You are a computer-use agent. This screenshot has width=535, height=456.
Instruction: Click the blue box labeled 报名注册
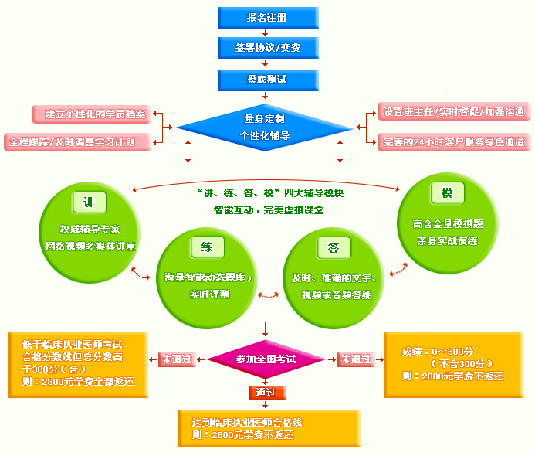(267, 18)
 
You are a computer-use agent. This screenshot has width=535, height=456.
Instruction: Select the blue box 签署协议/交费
(267, 48)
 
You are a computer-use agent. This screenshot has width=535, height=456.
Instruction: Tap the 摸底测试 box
(267, 79)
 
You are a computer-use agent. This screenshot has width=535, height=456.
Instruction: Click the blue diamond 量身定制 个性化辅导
(265, 128)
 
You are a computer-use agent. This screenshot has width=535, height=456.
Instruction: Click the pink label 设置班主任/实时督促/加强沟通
(454, 112)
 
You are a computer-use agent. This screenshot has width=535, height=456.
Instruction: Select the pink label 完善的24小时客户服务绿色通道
(454, 142)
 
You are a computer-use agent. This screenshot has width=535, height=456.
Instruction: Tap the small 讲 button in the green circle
(89, 202)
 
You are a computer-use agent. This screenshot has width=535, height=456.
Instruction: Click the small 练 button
(207, 247)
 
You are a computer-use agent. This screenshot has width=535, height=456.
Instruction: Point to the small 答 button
(334, 247)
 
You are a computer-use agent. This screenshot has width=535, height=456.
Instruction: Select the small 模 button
(447, 193)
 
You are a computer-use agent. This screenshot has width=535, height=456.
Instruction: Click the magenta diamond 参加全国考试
(266, 360)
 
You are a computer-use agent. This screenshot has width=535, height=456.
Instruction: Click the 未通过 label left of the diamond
(178, 359)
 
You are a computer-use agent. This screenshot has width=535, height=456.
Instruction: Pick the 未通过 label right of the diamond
(355, 359)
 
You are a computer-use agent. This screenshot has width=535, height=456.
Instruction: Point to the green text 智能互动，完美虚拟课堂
(268, 209)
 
